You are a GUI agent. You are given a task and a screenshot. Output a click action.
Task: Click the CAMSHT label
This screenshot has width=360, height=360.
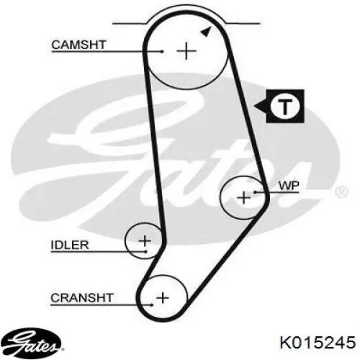click(78, 45)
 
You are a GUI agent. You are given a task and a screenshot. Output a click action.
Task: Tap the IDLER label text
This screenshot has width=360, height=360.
click(70, 245)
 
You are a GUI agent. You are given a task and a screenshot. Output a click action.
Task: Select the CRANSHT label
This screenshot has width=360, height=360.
click(82, 298)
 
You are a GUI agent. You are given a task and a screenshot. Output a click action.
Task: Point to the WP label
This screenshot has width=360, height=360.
click(289, 186)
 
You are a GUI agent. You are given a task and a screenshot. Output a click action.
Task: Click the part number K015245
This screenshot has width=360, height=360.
click(318, 342)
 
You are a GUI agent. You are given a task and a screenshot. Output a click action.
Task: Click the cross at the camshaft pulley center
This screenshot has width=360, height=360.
click(186, 51)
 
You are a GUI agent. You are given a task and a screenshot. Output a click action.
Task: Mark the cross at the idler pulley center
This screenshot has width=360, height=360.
click(145, 240)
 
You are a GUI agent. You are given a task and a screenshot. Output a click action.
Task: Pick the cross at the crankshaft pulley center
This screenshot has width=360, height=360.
click(163, 298)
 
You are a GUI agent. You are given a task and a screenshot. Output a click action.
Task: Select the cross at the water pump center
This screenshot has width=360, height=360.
click(243, 198)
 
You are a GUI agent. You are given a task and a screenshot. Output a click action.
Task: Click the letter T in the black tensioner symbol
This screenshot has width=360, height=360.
click(285, 106)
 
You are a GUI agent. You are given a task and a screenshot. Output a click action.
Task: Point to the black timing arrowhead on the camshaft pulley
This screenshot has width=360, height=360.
click(206, 32)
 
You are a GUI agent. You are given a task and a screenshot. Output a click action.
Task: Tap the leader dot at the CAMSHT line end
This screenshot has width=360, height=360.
click(163, 51)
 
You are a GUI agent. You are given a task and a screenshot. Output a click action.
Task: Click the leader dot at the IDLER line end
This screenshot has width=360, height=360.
click(145, 251)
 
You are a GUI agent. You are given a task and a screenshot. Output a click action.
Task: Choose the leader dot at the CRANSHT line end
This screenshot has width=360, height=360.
click(152, 305)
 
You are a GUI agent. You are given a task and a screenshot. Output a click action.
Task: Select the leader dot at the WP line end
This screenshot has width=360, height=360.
click(256, 192)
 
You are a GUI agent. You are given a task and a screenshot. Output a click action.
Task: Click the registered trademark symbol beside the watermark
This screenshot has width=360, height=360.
click(341, 192)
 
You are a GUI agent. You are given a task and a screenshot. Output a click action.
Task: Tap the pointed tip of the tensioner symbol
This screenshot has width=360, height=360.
click(254, 106)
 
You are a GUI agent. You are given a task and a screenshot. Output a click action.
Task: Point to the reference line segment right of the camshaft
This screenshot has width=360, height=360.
click(243, 24)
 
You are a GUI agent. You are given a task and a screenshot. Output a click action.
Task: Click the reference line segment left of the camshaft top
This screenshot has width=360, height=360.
click(130, 24)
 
